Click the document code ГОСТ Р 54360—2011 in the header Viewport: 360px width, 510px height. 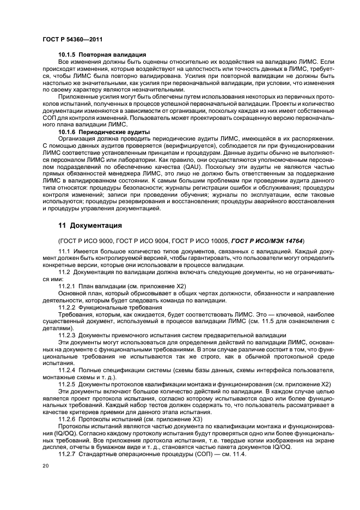[x=72, y=40]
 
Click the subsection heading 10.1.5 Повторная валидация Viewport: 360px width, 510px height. [x=102, y=55]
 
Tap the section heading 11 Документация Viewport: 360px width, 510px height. [x=90, y=225]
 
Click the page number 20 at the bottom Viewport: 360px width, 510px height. [x=45, y=466]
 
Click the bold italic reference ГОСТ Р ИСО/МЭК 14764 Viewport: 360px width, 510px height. [x=267, y=240]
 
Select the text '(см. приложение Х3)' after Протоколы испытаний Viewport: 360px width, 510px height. [x=172, y=419]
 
